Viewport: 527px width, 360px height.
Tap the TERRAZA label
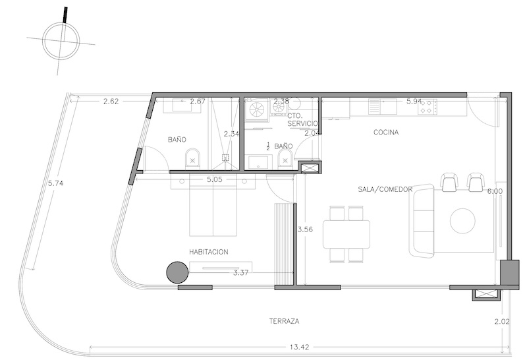click(x=284, y=321)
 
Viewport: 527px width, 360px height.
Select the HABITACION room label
click(x=209, y=252)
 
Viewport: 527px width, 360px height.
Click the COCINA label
click(x=386, y=133)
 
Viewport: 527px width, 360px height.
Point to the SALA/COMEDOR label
click(x=385, y=189)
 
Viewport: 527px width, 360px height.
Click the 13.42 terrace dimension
click(x=299, y=347)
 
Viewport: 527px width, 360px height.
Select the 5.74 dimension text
click(x=56, y=183)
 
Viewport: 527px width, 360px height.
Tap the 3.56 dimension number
click(x=305, y=229)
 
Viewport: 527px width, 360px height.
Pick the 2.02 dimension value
click(x=502, y=322)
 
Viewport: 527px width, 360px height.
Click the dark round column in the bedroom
click(x=177, y=272)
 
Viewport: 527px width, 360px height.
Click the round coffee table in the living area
click(x=462, y=221)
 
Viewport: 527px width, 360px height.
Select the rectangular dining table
click(x=347, y=234)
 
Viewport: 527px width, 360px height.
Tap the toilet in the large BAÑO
click(x=192, y=158)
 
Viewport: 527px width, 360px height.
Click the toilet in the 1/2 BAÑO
click(x=285, y=158)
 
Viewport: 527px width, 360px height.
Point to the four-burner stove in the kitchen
click(x=428, y=107)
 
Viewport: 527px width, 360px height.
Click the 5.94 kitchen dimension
click(x=414, y=102)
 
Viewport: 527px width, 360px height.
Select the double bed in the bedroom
click(x=213, y=205)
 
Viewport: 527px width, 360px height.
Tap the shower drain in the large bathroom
click(x=225, y=158)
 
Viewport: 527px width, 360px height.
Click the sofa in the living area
click(x=422, y=221)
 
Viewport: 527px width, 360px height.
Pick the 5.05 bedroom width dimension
click(x=215, y=179)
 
